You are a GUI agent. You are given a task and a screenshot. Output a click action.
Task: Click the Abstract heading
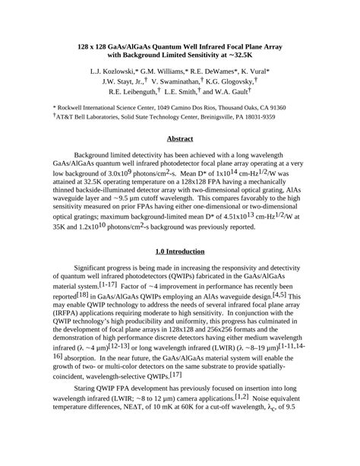point(179,138)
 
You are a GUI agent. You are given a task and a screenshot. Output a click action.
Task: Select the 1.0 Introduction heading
point(179,252)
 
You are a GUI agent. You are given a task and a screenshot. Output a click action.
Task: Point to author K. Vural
point(264,70)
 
